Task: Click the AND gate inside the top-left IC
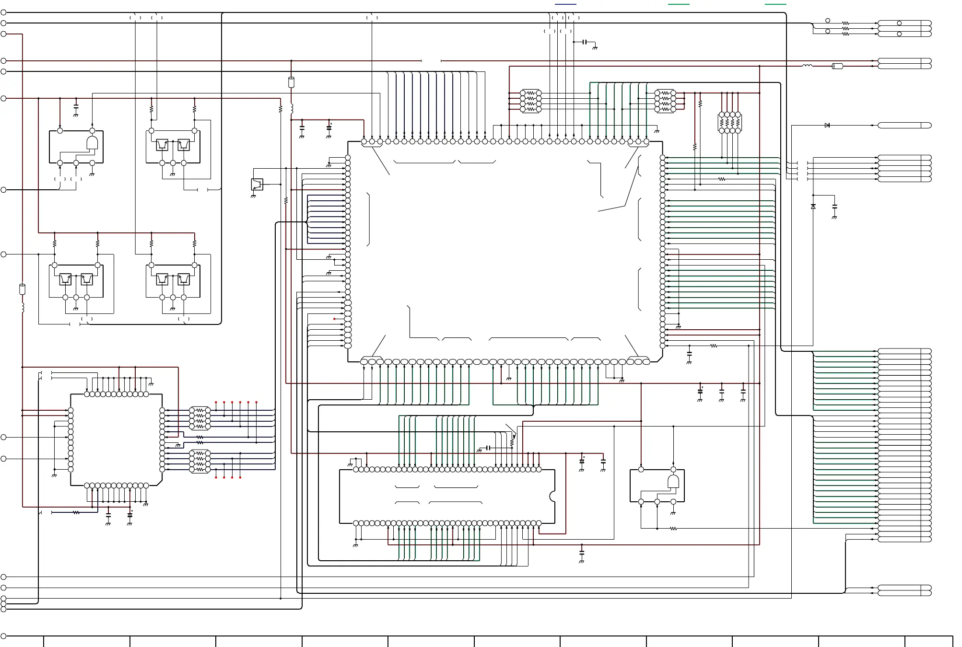(92, 143)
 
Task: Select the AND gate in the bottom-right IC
(673, 482)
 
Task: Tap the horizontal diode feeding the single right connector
(827, 126)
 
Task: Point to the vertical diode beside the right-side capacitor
(813, 207)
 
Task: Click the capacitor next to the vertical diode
(835, 207)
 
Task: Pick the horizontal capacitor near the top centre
(585, 42)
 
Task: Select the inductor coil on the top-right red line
(808, 66)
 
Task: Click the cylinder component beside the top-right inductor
(837, 66)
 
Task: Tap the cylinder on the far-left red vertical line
(22, 289)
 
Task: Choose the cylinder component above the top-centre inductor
(291, 82)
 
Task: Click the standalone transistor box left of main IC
(257, 184)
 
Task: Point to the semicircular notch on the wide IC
(553, 497)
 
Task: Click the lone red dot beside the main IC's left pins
(335, 319)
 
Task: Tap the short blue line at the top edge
(565, 4)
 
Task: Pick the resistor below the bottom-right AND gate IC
(673, 529)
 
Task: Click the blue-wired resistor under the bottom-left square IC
(76, 513)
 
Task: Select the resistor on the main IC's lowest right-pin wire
(714, 346)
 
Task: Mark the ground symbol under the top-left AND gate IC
(92, 174)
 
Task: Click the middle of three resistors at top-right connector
(845, 29)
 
